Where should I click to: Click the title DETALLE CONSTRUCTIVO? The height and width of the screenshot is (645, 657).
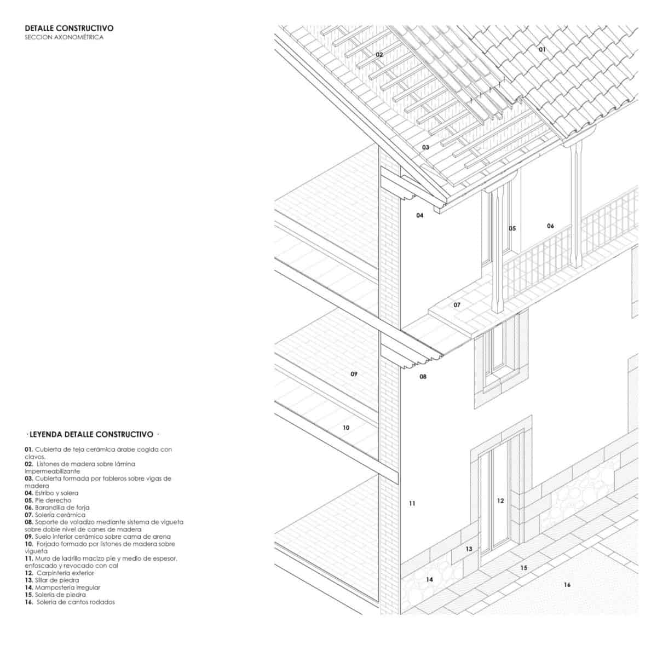pos(69,28)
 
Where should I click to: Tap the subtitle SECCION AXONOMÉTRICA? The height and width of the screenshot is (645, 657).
pos(64,38)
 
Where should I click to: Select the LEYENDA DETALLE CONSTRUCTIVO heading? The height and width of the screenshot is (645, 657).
pos(93,434)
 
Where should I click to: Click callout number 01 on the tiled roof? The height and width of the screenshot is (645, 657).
pos(542,49)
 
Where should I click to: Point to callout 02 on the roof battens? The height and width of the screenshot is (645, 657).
pos(379,55)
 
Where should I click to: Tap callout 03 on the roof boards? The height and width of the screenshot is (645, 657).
pos(425,147)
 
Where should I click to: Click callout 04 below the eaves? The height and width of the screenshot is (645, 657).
pos(420,215)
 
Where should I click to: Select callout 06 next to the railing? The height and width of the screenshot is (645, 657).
pos(550,226)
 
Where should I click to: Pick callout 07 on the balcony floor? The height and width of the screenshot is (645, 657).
pos(457,304)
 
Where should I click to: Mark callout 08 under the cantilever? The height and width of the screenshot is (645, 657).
pos(423,377)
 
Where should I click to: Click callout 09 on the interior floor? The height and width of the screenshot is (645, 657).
pos(354,374)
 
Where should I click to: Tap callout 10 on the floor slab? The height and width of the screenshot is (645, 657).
pos(346,428)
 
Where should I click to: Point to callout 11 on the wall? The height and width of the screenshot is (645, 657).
pos(412,503)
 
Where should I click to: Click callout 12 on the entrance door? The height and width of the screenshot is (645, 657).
pos(500,500)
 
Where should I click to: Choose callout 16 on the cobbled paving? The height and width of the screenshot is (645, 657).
pos(567,585)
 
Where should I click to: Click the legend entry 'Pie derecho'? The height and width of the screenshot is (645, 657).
pos(48,500)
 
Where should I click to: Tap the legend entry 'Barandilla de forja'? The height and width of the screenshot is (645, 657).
pos(57,508)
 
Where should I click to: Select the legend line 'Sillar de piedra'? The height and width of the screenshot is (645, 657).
pos(51,580)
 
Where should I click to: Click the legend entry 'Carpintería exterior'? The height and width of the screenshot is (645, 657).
pos(59,573)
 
